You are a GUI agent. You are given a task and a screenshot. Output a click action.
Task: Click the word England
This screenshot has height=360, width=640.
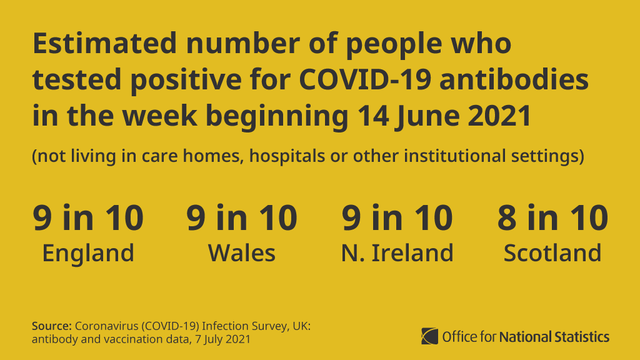pos(88,253)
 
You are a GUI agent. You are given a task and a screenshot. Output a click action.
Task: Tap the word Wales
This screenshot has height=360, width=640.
pos(242,253)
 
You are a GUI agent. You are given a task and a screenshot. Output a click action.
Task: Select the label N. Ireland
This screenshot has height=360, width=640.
pos(397,253)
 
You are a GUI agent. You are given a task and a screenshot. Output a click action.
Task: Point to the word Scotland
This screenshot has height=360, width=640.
pos(552,253)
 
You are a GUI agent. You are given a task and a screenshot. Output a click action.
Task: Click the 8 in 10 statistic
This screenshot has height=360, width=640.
pos(552,217)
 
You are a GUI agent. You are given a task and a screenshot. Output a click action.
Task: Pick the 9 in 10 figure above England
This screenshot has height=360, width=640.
pos(88,217)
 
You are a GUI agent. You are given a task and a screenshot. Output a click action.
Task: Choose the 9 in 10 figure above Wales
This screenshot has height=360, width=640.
pos(242,217)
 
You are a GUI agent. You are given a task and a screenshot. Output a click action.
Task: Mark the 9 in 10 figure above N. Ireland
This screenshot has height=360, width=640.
pos(397,217)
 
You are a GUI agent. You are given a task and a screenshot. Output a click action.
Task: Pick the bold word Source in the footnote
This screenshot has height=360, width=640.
pos(52,326)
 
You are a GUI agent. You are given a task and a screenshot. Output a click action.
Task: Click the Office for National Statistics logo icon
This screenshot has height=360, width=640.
pos(430,336)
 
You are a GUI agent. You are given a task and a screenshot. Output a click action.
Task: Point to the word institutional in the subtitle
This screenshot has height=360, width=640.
pos(458,156)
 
